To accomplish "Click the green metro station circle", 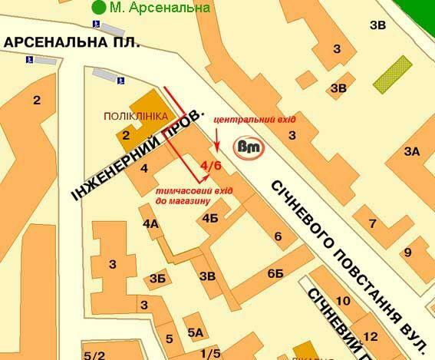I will tap(97, 8).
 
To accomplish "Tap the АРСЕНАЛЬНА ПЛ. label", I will tap(71, 43).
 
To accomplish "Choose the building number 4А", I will tap(150, 223).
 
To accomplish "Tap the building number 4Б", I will tap(210, 218).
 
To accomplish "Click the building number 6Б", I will tap(275, 274).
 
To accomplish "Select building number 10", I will tap(343, 300).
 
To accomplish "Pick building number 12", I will tap(371, 336).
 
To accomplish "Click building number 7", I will tap(374, 223).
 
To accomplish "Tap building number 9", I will tap(408, 252).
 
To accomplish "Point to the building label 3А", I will tap(411, 151).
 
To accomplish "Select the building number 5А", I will tap(196, 332).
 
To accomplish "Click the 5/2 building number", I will tap(94, 354).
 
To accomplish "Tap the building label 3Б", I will tap(158, 278).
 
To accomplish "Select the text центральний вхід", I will tap(253, 121).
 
